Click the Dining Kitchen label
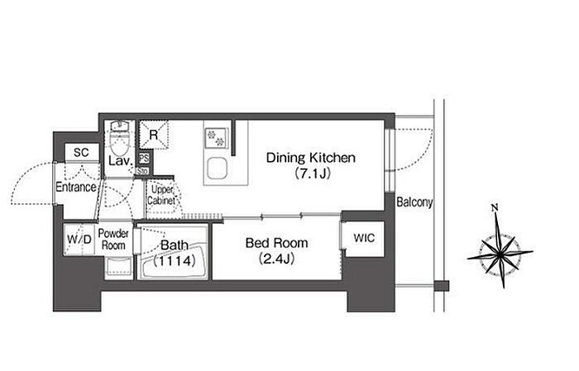310,158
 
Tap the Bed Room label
276,243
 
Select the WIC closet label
364,238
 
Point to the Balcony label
414,202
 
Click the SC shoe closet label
81,152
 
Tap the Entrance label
76,188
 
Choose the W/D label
79,240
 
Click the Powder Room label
113,240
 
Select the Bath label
174,245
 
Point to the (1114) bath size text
174,261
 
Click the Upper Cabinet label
161,196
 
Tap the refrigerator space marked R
154,135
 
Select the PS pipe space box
144,159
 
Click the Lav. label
121,161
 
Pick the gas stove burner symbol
216,138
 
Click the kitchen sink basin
217,169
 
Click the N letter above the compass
495,207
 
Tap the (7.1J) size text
313,173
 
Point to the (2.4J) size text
276,259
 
